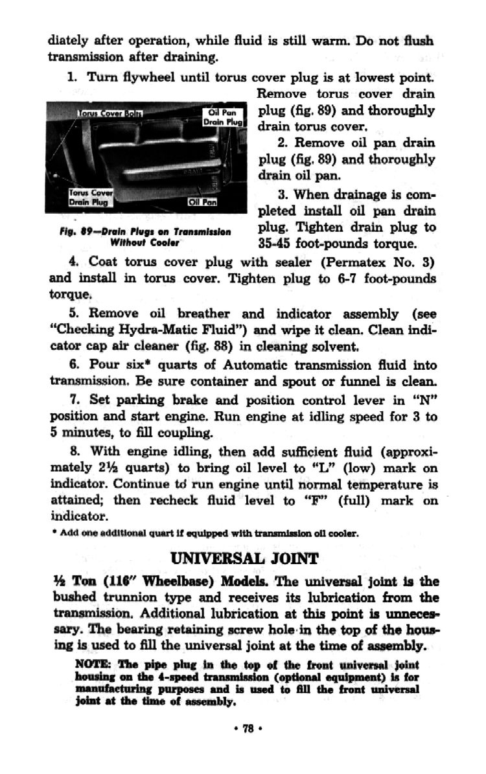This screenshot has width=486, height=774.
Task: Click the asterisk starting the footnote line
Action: tap(51, 535)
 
